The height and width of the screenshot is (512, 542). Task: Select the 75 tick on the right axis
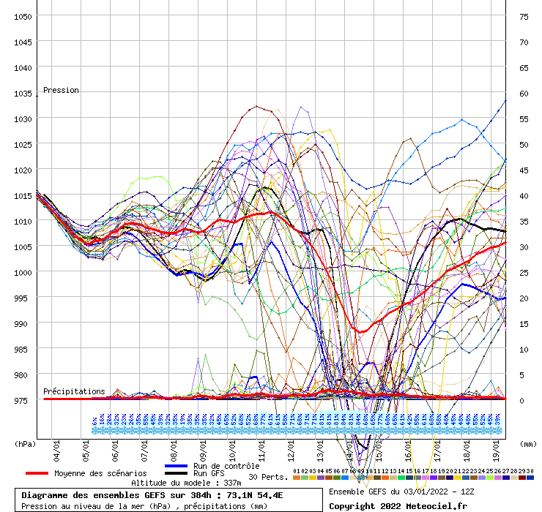click(524, 16)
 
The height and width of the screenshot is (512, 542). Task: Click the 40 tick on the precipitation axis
click(524, 195)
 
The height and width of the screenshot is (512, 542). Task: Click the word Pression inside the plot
click(61, 90)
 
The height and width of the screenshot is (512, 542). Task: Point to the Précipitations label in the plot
click(74, 391)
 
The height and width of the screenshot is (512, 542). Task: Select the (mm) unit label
click(527, 443)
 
